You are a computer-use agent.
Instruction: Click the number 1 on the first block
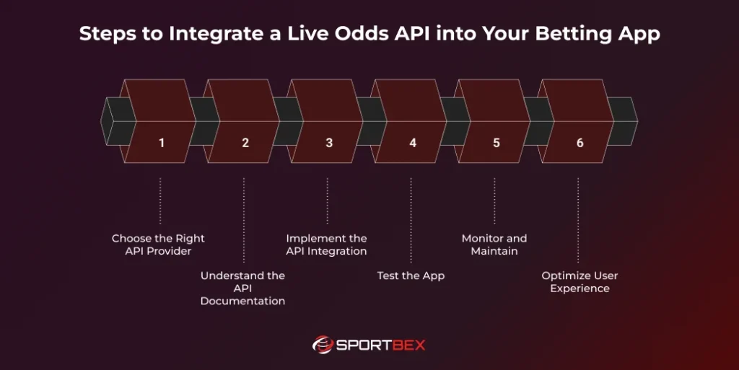point(162,143)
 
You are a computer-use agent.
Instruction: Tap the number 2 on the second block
point(245,143)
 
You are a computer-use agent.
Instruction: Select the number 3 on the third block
point(329,143)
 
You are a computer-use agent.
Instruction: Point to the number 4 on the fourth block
point(413,143)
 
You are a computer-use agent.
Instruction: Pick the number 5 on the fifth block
point(497,143)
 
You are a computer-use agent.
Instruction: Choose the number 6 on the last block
point(580,143)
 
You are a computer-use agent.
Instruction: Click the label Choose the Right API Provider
point(158,245)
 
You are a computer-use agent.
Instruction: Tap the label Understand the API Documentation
point(242,288)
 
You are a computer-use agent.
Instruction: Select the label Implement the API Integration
point(326,245)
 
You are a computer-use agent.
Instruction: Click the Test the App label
point(411,276)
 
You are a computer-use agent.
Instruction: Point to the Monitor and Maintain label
point(494,245)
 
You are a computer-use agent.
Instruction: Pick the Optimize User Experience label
point(580,282)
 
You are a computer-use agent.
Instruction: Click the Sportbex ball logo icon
point(322,345)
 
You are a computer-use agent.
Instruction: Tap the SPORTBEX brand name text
point(381,345)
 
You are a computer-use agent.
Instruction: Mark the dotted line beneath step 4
point(411,220)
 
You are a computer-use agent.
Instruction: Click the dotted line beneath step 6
point(578,220)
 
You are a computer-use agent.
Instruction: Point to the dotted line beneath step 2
point(244,220)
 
